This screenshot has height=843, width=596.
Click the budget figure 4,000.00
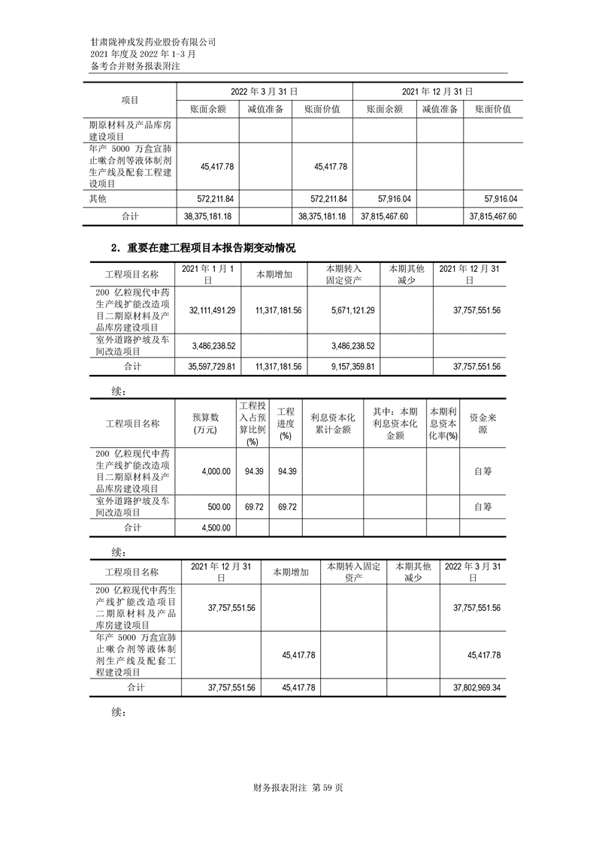[216, 471]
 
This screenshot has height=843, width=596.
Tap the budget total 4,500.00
[216, 527]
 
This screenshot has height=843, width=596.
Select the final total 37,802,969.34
[472, 687]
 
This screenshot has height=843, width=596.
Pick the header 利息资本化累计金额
[331, 423]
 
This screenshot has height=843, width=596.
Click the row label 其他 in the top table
[98, 198]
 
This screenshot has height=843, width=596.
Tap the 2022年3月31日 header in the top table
[263, 90]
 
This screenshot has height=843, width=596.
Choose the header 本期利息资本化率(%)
[443, 424]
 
